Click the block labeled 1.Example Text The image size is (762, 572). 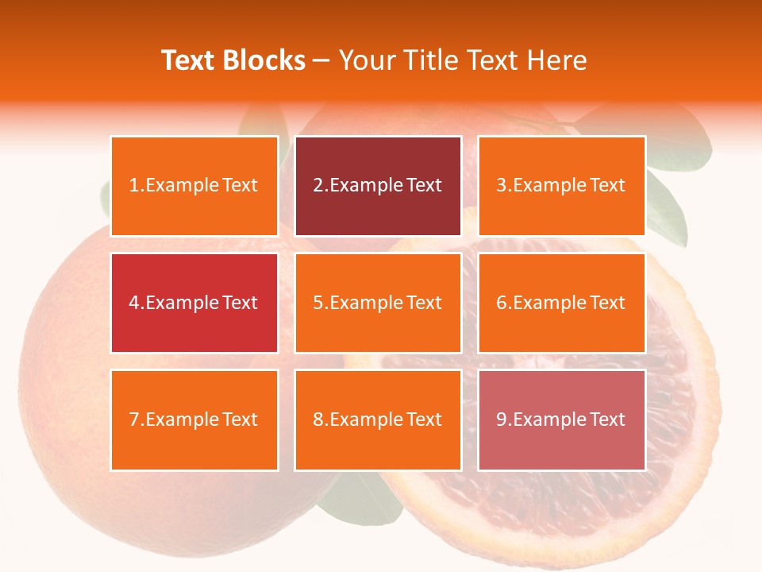[x=194, y=186]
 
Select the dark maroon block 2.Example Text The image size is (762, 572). [x=378, y=186]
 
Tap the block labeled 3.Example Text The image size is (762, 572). [x=561, y=186]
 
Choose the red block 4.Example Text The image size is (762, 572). [x=194, y=303]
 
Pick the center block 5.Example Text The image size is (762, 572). [x=378, y=303]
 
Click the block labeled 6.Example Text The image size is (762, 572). [x=561, y=303]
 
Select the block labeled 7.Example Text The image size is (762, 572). [x=194, y=419]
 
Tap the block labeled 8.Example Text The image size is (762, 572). [x=378, y=419]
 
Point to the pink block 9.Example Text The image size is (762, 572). [x=561, y=419]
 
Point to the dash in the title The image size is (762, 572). [x=321, y=61]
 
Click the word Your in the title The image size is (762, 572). [x=364, y=60]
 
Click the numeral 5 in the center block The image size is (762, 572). [x=317, y=303]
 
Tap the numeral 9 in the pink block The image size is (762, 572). [x=501, y=419]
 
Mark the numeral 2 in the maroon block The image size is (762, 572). [x=317, y=186]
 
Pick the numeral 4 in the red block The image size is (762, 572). [x=134, y=303]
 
